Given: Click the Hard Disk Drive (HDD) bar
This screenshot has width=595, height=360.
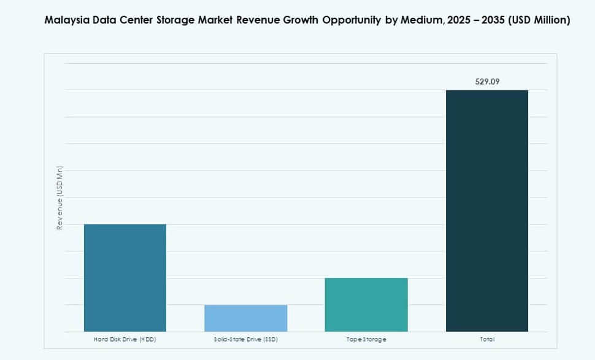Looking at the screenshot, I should point(125,277).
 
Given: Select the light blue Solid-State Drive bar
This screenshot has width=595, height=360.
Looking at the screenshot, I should point(245,318).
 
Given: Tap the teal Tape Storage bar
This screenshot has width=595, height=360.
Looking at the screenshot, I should point(366,304).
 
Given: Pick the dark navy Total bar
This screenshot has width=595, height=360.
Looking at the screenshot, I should point(487,210).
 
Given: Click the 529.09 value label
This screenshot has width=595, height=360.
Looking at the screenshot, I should point(487,81).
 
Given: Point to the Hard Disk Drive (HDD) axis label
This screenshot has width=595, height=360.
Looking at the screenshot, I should point(125,339).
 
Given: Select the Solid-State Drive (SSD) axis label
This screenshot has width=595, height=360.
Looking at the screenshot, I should point(245,339).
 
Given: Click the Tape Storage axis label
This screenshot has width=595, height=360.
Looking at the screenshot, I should point(366,339).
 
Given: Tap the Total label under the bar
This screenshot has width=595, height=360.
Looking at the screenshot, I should point(487,339).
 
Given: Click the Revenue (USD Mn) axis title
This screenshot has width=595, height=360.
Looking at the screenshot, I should point(60,198).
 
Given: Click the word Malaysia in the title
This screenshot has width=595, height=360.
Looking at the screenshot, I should point(67,20).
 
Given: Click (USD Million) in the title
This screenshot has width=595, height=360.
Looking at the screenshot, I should point(540,20).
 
